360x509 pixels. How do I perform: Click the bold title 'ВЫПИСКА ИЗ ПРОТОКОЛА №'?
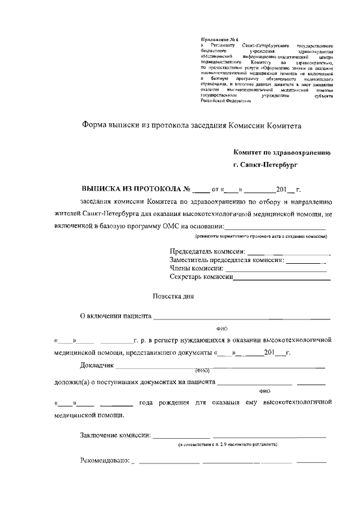tap(137, 189)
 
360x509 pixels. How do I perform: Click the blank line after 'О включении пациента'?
tap(242, 318)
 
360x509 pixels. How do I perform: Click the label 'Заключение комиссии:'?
tap(115, 435)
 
